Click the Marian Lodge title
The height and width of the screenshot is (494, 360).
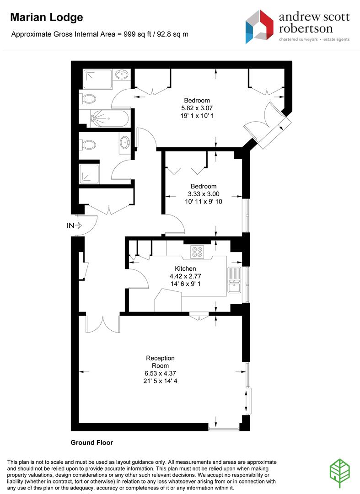click(47, 18)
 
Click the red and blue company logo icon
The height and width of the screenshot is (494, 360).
click(259, 27)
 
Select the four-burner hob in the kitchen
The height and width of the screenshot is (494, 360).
click(198, 252)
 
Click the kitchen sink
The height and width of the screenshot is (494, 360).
click(234, 280)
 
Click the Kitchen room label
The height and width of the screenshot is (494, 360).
click(185, 268)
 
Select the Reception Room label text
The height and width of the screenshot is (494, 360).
click(160, 362)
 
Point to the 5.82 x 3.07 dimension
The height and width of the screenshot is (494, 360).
click(197, 108)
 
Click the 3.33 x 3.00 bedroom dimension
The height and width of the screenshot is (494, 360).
click(204, 194)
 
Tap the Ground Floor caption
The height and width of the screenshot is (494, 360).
click(91, 442)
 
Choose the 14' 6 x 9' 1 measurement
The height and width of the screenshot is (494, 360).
click(186, 284)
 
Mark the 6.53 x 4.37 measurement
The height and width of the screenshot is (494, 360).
click(160, 373)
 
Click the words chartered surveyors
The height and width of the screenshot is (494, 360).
click(298, 39)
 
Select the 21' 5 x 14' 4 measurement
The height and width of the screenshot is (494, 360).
click(160, 381)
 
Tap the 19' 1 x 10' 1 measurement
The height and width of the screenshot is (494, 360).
click(197, 116)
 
